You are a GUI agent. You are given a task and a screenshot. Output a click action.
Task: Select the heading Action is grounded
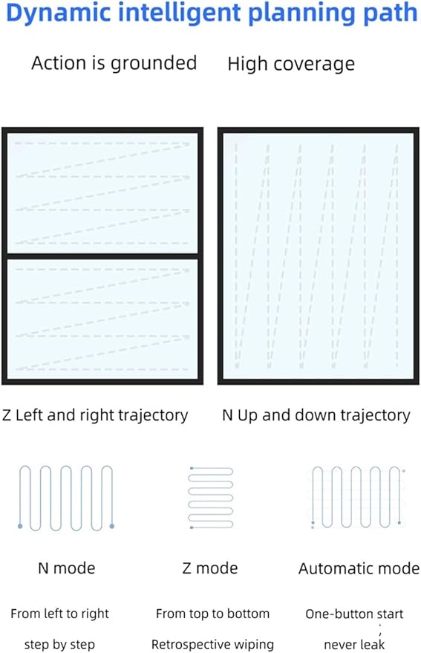[x=114, y=64]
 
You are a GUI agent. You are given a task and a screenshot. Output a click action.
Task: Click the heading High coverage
[x=291, y=65]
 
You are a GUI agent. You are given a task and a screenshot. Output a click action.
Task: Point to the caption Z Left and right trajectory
[x=95, y=415]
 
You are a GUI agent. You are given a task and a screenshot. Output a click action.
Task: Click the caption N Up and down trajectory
[x=316, y=415]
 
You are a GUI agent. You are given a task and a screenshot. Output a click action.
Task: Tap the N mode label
[x=67, y=568]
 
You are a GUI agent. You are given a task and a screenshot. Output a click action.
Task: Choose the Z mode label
[x=210, y=568]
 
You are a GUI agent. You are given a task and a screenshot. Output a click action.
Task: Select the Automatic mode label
[x=359, y=568]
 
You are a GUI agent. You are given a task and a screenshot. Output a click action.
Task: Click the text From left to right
[x=59, y=614]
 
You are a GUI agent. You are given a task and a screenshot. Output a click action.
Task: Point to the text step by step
[x=59, y=644]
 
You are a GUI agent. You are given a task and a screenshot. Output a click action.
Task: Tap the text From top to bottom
[x=212, y=614]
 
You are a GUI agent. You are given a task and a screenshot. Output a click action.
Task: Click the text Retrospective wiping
[x=212, y=644]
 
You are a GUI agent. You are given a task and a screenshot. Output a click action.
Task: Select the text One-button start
[x=354, y=614]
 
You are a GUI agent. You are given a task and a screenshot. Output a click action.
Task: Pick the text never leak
[x=354, y=645]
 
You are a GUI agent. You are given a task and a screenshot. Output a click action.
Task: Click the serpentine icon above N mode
[x=66, y=498]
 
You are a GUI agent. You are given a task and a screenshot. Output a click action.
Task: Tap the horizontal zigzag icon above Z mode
[x=211, y=498]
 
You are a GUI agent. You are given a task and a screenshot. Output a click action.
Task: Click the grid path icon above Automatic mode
[x=358, y=498]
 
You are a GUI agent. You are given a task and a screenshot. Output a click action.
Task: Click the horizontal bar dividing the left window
[x=102, y=256]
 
